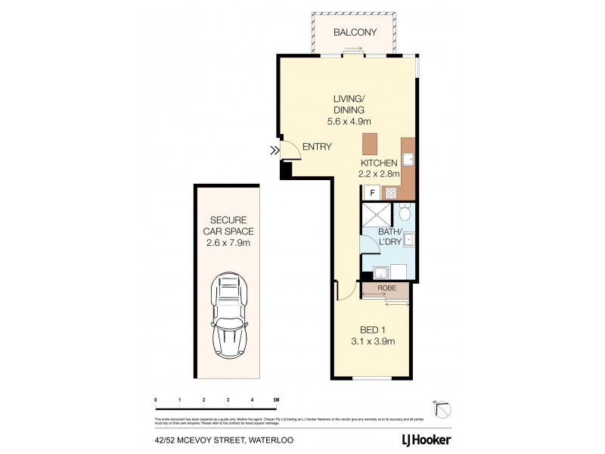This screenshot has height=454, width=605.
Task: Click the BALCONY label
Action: [x=355, y=33]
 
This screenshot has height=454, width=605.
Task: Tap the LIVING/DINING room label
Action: [x=350, y=104]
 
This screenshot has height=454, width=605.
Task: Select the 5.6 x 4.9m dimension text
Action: [x=350, y=121]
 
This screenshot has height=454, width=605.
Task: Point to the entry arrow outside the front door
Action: [x=274, y=151]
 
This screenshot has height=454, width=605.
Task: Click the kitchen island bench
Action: [x=369, y=144]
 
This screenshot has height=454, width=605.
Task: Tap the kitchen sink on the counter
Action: [x=408, y=159]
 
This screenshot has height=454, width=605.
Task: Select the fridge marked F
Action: [x=371, y=192]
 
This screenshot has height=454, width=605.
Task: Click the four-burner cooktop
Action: [x=391, y=193]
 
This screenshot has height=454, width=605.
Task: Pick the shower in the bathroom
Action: [x=377, y=213]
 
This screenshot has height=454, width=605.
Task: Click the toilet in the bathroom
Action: [x=405, y=213]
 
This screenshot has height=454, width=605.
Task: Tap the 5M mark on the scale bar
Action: [x=276, y=399]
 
